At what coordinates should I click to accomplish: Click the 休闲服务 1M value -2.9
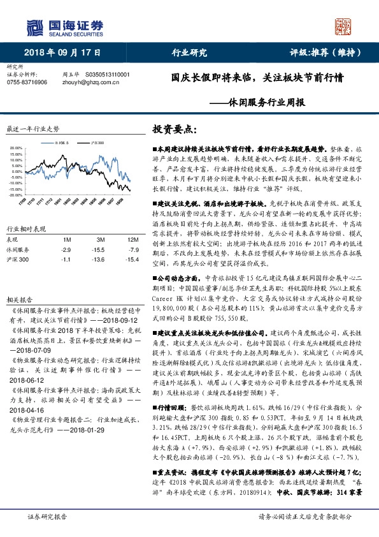64,249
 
